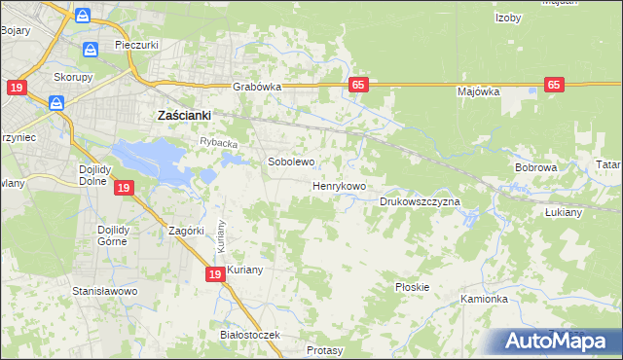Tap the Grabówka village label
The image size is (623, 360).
pos(257,87)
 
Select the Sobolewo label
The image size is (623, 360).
pos(291,162)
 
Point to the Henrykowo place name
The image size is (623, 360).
pos(339,185)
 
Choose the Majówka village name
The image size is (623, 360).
pos(478,91)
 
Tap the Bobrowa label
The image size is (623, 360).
pos(535,167)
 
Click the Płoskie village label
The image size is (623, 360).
pos(413,287)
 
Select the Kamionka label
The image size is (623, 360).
pos(485,299)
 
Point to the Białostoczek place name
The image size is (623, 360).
pos(250,335)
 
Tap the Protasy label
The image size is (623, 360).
pos(324,349)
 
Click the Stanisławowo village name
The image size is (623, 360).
pos(105,291)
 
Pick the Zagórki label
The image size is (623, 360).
pos(185,231)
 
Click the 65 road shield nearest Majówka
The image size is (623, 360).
pos(554,86)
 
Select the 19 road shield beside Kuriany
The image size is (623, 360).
pos(214,276)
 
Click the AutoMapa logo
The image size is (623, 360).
pos(557,341)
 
